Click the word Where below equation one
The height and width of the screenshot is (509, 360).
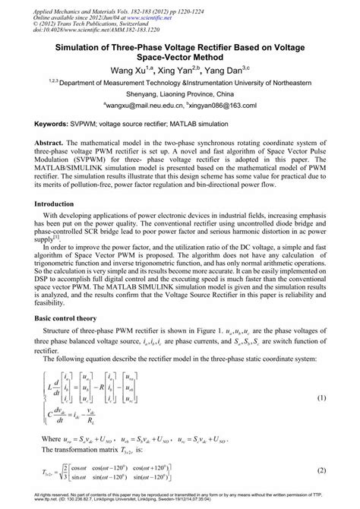pos(52,439)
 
